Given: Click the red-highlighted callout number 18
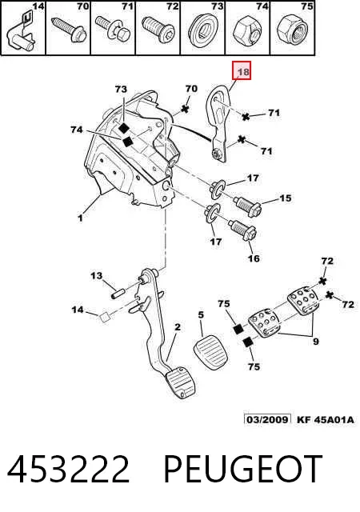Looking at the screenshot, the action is coord(243,71).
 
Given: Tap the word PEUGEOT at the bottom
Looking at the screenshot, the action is coord(242,469).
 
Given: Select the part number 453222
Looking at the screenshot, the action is coord(69,469).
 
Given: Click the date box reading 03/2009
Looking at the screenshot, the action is coord(267,419).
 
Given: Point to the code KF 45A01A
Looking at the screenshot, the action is coord(325,419).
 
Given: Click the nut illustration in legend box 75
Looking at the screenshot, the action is coord(292,30).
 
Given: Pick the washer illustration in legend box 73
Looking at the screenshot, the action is coord(202,30).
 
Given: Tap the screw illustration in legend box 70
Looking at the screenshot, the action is coord(70,29).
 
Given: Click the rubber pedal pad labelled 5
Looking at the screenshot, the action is coord(210,354).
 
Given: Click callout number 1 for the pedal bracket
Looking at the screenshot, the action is coord(80,218).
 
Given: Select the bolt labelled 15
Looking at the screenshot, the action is coord(248,206).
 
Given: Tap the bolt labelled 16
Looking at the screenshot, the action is coord(242,230).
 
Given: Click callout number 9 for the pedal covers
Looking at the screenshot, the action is coord(315,342).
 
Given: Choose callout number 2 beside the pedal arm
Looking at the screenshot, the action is coord(178,327).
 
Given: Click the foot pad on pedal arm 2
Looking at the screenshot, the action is coord(182,383).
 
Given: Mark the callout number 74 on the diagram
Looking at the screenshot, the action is coord(77,130).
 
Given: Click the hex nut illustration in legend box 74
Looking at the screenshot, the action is coord(247,30).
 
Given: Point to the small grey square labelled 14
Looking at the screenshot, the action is coord(105,317).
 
